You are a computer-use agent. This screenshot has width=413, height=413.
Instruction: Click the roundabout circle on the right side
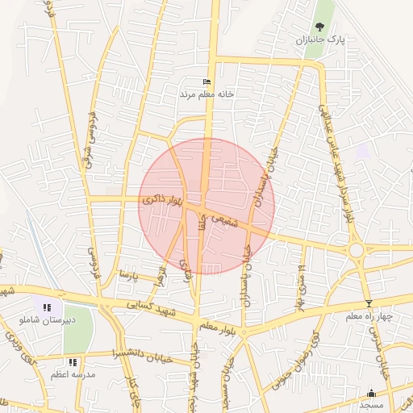click(x=357, y=251)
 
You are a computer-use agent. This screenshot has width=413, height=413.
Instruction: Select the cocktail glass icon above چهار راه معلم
click(x=369, y=304)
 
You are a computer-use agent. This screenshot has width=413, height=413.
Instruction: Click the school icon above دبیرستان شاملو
click(x=47, y=307)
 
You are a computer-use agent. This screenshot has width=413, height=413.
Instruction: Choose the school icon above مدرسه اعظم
click(x=73, y=362)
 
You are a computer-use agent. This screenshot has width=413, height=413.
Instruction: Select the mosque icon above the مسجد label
click(x=372, y=394)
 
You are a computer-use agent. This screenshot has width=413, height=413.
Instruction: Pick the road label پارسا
click(x=129, y=275)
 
